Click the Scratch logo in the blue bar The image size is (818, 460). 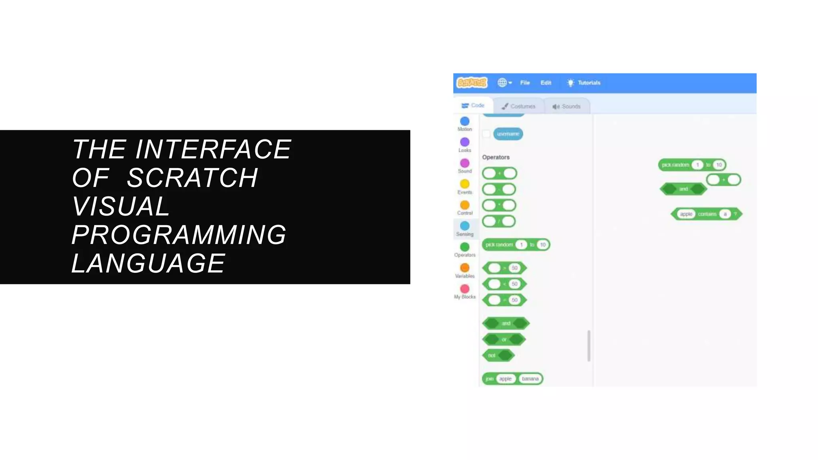pyautogui.click(x=472, y=83)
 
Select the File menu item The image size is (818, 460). pyautogui.click(x=525, y=83)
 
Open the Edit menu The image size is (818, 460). pyautogui.click(x=546, y=83)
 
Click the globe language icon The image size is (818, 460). pyautogui.click(x=502, y=83)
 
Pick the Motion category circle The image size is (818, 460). pyautogui.click(x=465, y=121)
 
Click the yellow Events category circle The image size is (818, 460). pyautogui.click(x=465, y=184)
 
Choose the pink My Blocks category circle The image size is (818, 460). pyautogui.click(x=465, y=289)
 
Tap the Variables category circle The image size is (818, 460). pyautogui.click(x=465, y=268)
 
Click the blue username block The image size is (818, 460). pyautogui.click(x=508, y=134)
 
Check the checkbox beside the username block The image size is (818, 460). pyautogui.click(x=486, y=134)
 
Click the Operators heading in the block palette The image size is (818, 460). pyautogui.click(x=496, y=157)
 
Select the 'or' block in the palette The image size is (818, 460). pyautogui.click(x=504, y=339)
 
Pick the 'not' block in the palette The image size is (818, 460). pyautogui.click(x=492, y=355)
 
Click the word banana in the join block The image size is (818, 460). pyautogui.click(x=530, y=379)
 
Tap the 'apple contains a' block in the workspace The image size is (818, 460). pyautogui.click(x=707, y=214)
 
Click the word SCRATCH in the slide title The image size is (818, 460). pyautogui.click(x=192, y=178)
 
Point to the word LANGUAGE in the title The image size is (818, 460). pyautogui.click(x=148, y=263)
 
